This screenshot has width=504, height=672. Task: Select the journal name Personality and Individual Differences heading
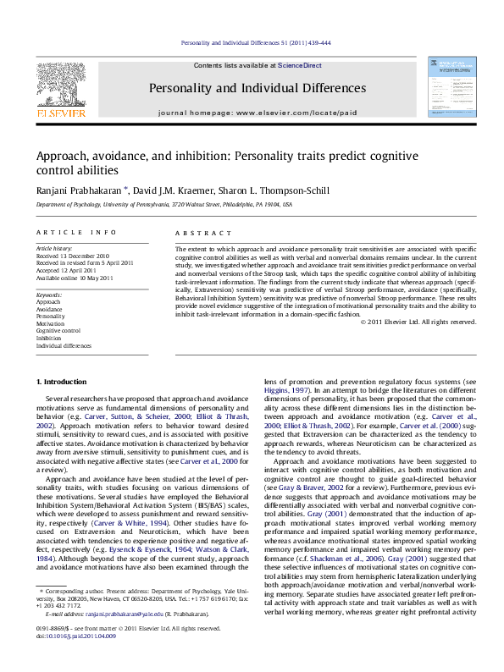[x=258, y=88]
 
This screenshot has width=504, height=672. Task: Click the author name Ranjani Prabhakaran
[x=77, y=190]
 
